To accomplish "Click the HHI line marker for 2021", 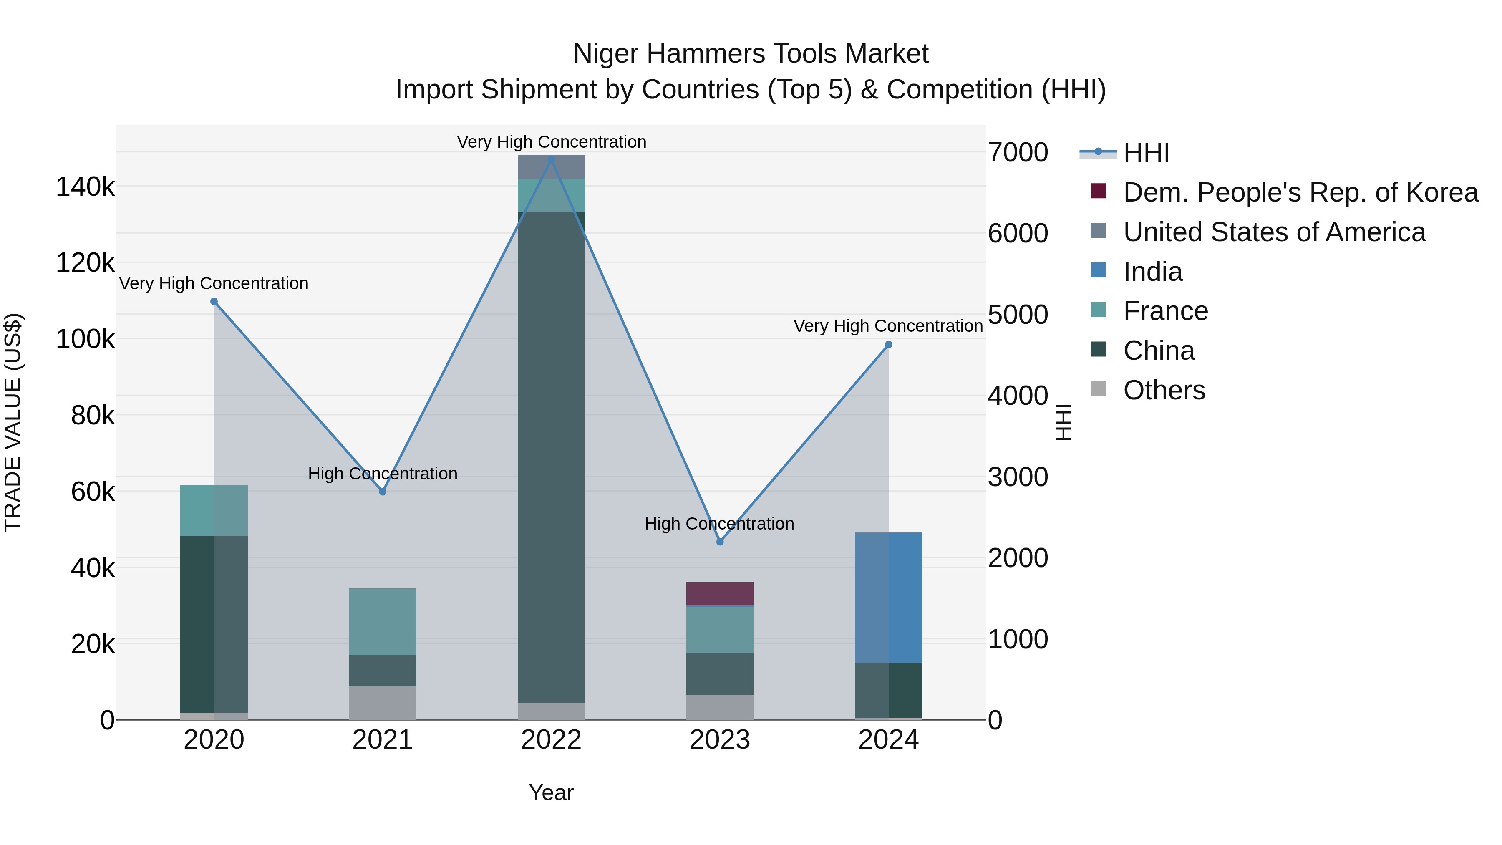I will pos(383,492).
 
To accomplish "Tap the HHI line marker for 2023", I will pos(720,542).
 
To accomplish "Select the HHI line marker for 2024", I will pos(888,345).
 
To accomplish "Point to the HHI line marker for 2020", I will pos(214,302).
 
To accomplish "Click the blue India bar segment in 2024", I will pos(888,597).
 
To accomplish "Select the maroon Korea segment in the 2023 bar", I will pos(720,594).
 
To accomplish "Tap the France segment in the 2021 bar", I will pos(383,622).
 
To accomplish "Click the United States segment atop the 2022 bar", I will pos(551,167).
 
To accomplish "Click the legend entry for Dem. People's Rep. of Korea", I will pos(1300,192).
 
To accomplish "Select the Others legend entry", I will pos(1164,390).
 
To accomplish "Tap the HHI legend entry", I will pos(1146,153).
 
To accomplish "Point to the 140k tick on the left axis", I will pos(85,187).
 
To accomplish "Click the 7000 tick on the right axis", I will pos(1018,153).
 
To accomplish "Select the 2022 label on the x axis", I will pos(551,740).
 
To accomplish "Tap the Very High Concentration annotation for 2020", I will pos(214,283).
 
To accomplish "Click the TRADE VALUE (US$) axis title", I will pos(13,422).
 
